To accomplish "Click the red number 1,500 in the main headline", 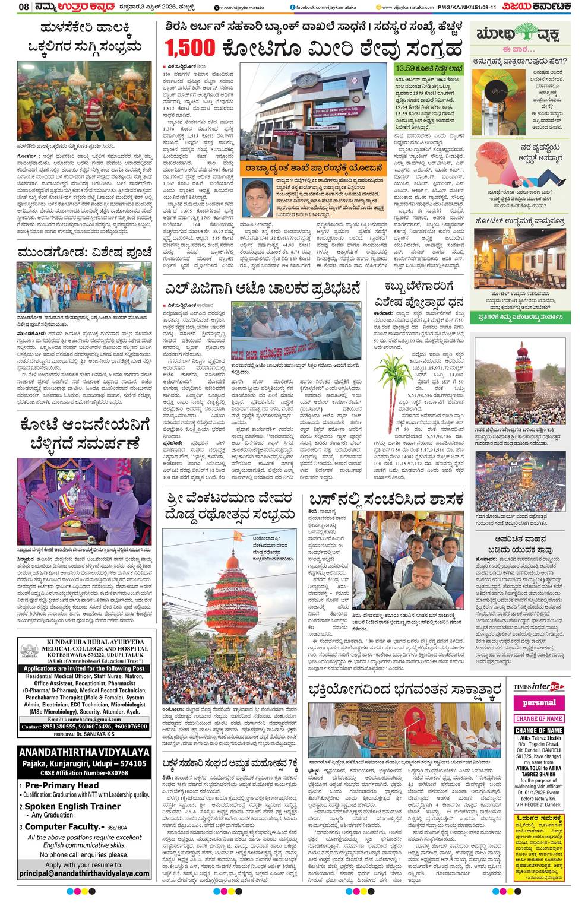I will (190, 47).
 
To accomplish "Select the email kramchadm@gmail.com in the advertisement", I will (84, 720).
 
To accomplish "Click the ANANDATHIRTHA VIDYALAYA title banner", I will (84, 752).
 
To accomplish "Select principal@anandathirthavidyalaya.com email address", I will (84, 873).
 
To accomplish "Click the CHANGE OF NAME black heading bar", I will (539, 730).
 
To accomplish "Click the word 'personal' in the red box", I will (539, 703).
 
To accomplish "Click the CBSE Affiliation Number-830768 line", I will (84, 772).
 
